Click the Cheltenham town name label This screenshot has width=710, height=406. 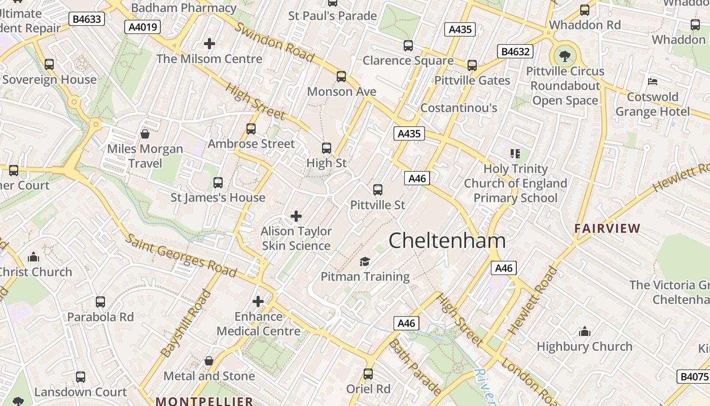[x=447, y=241]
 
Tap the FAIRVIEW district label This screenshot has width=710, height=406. [x=607, y=228]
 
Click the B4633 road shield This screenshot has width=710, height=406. [x=87, y=19]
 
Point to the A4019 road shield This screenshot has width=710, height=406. [x=143, y=27]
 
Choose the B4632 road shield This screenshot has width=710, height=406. [x=515, y=51]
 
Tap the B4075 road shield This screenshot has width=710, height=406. [x=694, y=377]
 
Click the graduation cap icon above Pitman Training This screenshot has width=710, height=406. [x=365, y=261]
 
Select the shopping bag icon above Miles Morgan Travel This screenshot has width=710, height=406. [x=145, y=134]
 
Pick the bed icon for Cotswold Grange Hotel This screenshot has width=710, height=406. [x=653, y=81]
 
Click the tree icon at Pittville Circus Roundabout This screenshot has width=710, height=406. [x=564, y=55]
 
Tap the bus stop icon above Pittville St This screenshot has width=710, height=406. [x=378, y=190]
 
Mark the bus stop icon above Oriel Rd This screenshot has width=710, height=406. [x=368, y=374]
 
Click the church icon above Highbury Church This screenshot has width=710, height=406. [x=584, y=332]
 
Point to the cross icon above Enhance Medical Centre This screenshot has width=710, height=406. [x=258, y=301]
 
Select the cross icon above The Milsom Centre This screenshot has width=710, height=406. [x=209, y=44]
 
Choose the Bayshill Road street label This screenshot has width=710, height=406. [x=185, y=323]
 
